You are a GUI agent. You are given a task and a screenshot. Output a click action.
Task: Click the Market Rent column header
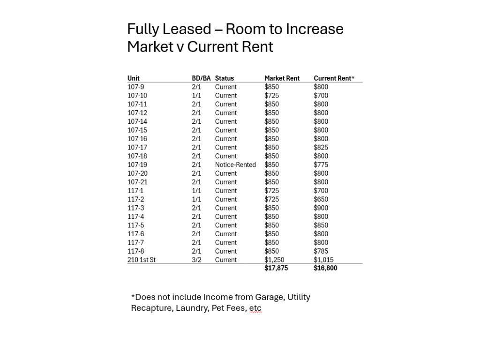[x=282, y=78]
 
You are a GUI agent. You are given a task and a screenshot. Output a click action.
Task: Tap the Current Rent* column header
[x=334, y=78]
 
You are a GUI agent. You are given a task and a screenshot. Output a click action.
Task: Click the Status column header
[x=224, y=78]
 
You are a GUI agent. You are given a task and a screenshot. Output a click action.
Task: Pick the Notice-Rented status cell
[x=235, y=165]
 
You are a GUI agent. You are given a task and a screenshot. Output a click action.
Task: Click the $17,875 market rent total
[x=276, y=268]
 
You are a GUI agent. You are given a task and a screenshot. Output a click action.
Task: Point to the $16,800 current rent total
[x=325, y=268]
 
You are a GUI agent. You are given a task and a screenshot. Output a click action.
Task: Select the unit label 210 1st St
[x=141, y=260]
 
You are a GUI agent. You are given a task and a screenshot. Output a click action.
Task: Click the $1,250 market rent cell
[x=274, y=260]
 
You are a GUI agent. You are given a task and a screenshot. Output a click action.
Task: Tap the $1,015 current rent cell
[x=323, y=260]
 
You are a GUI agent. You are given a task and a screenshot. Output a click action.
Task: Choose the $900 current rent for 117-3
[x=321, y=208]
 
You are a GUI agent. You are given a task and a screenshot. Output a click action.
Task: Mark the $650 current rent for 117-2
[x=321, y=199]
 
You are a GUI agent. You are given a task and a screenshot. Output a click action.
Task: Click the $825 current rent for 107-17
[x=321, y=147]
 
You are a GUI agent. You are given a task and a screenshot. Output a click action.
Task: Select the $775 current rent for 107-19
[x=321, y=165]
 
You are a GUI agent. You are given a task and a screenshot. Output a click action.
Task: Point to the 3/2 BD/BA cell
[x=196, y=260]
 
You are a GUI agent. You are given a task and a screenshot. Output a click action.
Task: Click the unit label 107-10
[x=137, y=96]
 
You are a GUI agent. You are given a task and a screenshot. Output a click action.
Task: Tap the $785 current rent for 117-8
[x=321, y=251]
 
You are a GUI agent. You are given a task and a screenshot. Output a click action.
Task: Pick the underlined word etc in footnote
[x=255, y=308]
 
